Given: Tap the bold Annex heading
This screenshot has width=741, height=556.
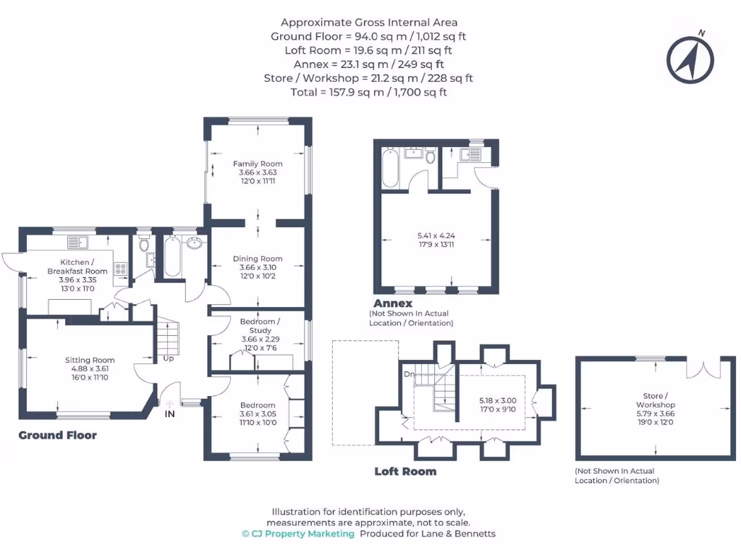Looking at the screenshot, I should [x=393, y=303].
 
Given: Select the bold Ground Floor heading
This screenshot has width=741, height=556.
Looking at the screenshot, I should [x=57, y=435].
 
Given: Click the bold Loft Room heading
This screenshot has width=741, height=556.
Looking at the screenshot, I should [x=405, y=471].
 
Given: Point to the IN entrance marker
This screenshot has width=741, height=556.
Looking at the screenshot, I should [x=169, y=413].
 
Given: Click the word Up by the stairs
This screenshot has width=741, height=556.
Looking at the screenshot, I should [x=168, y=358].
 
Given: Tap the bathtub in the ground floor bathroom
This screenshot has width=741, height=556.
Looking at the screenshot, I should [x=172, y=257].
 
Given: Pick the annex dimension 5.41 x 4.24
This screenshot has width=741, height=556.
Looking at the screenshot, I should [x=436, y=240].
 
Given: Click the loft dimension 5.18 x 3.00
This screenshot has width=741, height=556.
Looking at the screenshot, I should [x=498, y=405].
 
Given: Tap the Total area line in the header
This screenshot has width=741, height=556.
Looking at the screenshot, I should [x=370, y=92].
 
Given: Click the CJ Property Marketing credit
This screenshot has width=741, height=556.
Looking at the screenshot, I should [x=298, y=534].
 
